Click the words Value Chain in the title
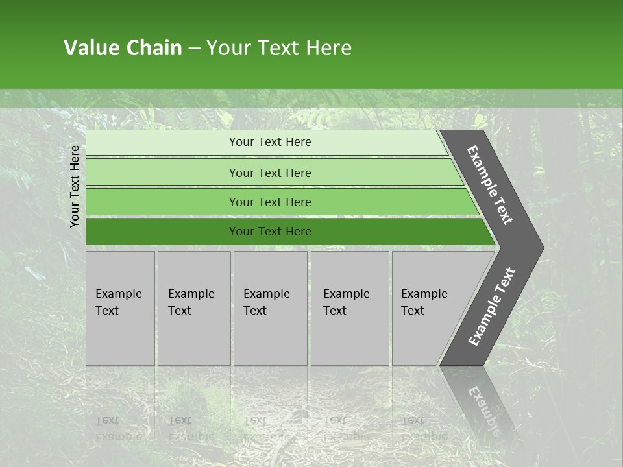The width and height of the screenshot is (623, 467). click(123, 48)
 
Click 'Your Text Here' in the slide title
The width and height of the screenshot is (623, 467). click(278, 48)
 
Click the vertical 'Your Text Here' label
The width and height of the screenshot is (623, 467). click(75, 186)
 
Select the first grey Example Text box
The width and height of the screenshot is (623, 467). click(120, 308)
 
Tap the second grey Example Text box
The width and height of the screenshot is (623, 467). click(194, 308)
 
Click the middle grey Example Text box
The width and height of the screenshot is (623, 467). click(270, 308)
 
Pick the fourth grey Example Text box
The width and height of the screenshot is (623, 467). click(350, 308)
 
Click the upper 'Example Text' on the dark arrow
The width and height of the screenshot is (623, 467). click(490, 186)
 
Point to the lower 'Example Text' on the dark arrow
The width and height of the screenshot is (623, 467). click(492, 307)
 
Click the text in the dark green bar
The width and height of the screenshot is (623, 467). click(270, 232)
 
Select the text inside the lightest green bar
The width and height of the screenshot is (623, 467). click(270, 142)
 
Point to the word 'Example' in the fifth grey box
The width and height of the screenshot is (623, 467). click(424, 294)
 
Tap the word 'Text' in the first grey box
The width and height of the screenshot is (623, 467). click(107, 311)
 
